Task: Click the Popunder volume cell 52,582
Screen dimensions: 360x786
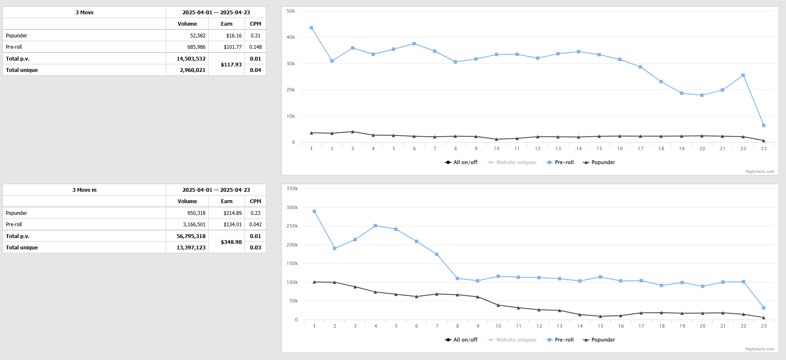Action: point(197,36)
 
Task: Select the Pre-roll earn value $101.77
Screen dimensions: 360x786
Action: point(232,47)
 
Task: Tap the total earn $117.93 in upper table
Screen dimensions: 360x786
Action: point(231,65)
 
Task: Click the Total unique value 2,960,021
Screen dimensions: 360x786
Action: point(192,70)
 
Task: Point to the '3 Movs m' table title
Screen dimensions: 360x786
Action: point(84,190)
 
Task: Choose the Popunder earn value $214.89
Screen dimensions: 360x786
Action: point(232,213)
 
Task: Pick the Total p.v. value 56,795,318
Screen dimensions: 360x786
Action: point(191,236)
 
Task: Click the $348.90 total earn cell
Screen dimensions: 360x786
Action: point(231,242)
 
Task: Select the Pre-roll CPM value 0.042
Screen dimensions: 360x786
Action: point(255,225)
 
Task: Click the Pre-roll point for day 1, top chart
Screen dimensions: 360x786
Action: point(311,28)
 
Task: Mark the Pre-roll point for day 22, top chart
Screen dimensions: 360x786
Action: point(743,75)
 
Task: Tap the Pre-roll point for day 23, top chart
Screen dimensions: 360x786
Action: point(764,125)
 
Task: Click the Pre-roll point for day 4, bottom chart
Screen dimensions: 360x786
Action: point(375,226)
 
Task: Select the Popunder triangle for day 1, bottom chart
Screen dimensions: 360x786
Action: point(314,282)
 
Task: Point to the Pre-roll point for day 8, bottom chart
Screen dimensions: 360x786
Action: point(457,278)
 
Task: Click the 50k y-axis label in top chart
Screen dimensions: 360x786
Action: point(291,11)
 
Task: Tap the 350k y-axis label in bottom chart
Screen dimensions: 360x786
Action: point(292,188)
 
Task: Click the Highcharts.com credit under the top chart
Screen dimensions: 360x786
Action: point(759,172)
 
